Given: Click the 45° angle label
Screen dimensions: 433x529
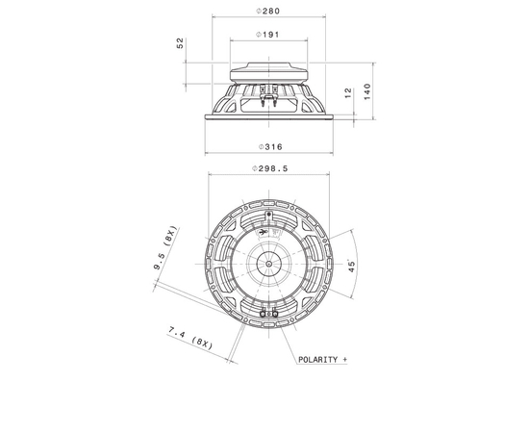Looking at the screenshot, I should (x=352, y=267).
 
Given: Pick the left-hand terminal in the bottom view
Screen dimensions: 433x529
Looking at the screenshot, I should (x=262, y=312).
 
